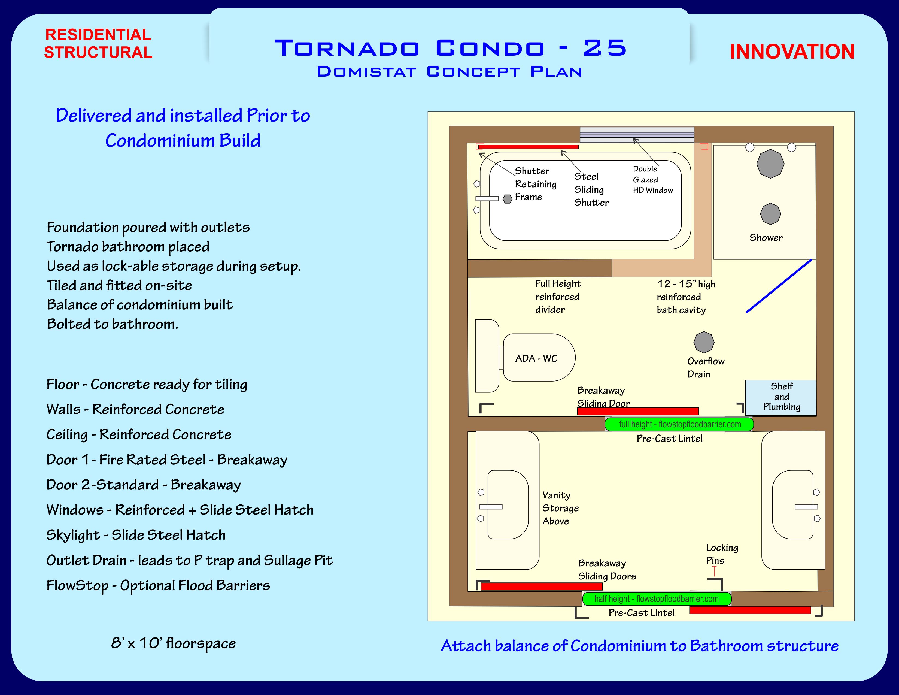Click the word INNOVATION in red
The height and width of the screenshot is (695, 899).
(x=792, y=52)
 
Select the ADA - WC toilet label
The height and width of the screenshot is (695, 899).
(x=536, y=359)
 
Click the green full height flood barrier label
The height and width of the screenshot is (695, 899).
(x=679, y=424)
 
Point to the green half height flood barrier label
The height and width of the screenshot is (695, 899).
(x=657, y=599)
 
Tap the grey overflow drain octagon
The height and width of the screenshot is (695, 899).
(x=704, y=342)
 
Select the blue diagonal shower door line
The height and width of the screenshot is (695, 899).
(x=779, y=286)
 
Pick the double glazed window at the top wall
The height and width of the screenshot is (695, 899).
(x=637, y=135)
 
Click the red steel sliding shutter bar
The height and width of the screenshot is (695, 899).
(x=528, y=147)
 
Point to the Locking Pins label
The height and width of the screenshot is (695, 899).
(x=722, y=554)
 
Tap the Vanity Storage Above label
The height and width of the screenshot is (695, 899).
(x=560, y=508)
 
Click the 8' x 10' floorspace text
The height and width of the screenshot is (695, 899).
(x=173, y=643)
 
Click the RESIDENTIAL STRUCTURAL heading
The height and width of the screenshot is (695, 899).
(x=98, y=43)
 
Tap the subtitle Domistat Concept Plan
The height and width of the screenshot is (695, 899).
(x=449, y=72)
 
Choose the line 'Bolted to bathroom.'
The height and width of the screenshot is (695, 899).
(x=112, y=324)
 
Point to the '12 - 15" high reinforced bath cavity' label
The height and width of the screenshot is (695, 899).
(x=685, y=297)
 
